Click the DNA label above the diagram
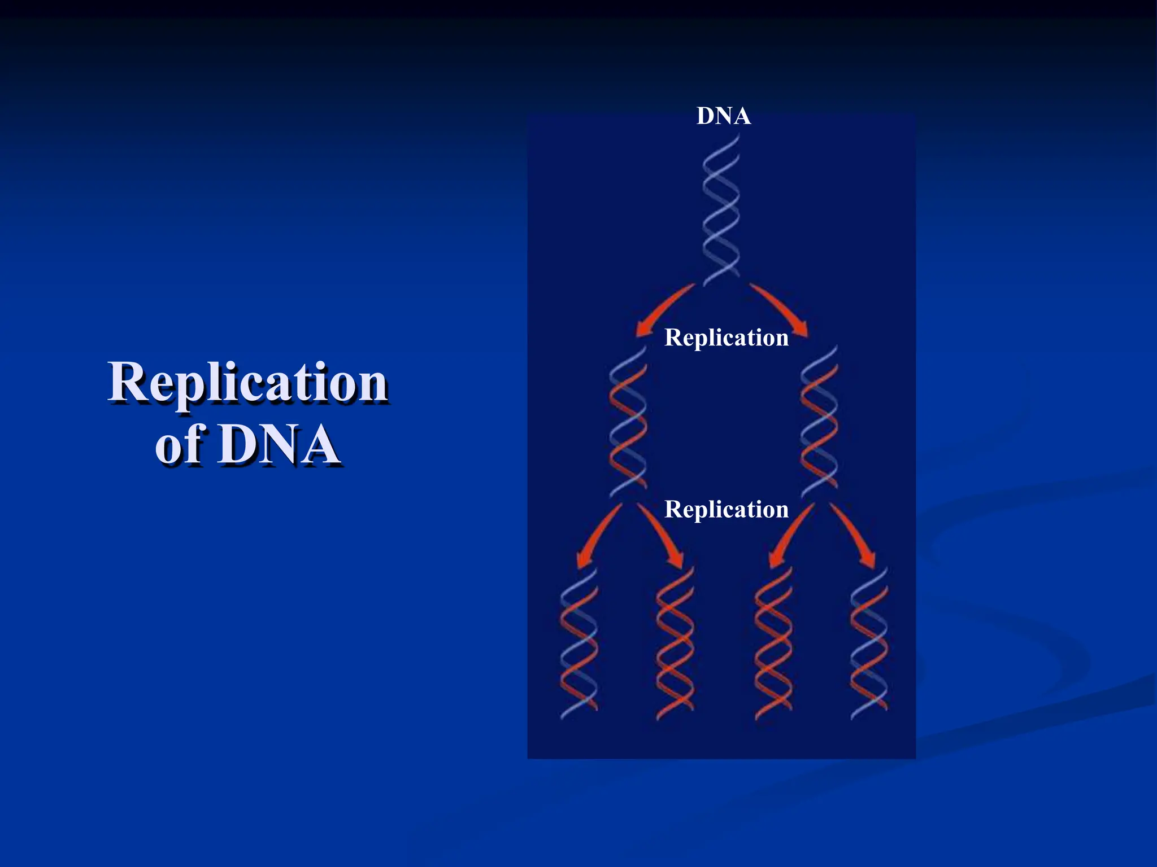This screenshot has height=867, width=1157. click(724, 116)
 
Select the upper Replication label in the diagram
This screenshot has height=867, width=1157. click(727, 338)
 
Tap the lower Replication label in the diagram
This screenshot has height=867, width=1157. click(727, 509)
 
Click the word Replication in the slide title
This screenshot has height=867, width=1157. click(249, 383)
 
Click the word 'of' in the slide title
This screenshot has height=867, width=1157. click(179, 446)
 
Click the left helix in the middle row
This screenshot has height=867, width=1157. click(628, 422)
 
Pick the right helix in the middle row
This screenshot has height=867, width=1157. click(819, 422)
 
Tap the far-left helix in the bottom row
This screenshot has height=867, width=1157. click(578, 643)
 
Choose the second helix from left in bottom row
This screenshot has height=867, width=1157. click(675, 643)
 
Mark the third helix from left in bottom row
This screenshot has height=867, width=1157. click(773, 643)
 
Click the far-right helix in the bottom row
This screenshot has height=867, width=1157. click(869, 643)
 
